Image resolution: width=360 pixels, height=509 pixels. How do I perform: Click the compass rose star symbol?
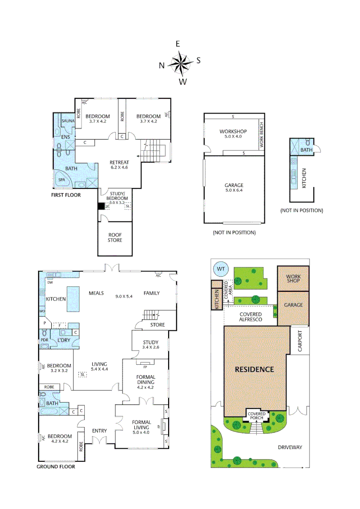point(180,63)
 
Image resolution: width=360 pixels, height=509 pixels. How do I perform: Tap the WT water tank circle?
point(220,269)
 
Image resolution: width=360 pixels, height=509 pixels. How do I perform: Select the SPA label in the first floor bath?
point(62,180)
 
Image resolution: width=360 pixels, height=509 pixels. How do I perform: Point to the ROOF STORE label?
point(115,237)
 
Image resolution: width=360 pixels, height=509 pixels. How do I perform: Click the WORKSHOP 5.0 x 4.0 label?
point(233,134)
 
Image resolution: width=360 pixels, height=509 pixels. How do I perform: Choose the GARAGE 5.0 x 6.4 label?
point(234,188)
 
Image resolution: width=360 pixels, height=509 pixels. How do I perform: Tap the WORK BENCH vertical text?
point(262,136)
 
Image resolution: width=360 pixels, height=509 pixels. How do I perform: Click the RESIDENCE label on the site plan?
point(254,369)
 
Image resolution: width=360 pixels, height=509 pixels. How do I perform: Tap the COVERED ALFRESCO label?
point(250,317)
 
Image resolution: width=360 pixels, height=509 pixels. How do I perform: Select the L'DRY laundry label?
point(64,340)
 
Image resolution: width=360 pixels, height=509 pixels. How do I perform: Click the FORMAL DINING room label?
point(146,380)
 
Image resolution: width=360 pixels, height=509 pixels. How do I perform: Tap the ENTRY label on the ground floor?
point(99,430)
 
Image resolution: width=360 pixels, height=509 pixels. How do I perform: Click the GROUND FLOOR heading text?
point(56,467)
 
